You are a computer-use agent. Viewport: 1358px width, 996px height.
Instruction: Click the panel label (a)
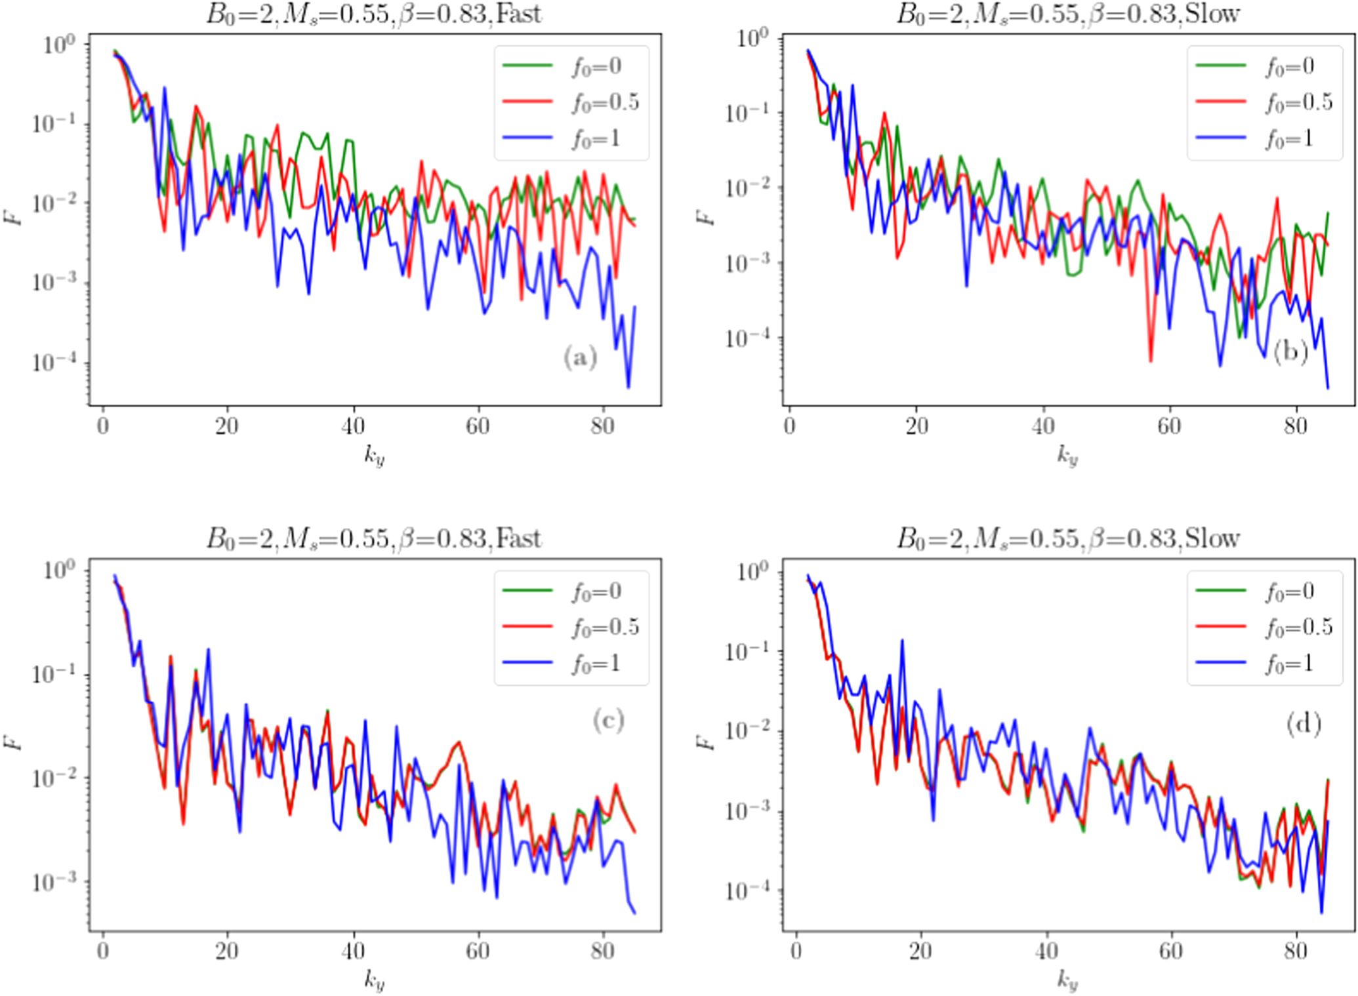pyautogui.click(x=580, y=358)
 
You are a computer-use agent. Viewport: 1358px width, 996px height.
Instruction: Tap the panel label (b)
pyautogui.click(x=1290, y=352)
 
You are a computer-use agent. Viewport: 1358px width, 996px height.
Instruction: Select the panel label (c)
pyautogui.click(x=608, y=721)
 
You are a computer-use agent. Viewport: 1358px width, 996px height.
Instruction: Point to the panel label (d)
pyautogui.click(x=1303, y=724)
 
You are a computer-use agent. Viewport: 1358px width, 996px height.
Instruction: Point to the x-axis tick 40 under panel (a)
pyautogui.click(x=353, y=426)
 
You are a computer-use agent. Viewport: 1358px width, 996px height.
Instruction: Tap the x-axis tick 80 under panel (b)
pyautogui.click(x=1296, y=426)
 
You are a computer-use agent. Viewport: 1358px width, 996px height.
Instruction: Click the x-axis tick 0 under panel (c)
pyautogui.click(x=103, y=951)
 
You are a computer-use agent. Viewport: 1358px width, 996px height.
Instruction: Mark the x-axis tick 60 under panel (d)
pyautogui.click(x=1170, y=951)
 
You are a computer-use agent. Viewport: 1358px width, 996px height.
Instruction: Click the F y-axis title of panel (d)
pyautogui.click(x=707, y=742)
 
